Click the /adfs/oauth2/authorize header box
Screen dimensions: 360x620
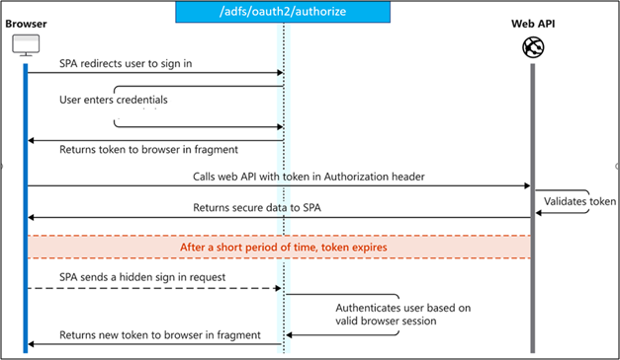[283, 13]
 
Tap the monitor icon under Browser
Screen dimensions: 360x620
[25, 45]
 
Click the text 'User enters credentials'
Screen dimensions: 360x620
[113, 101]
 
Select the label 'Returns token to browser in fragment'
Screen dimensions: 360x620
[148, 150]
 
